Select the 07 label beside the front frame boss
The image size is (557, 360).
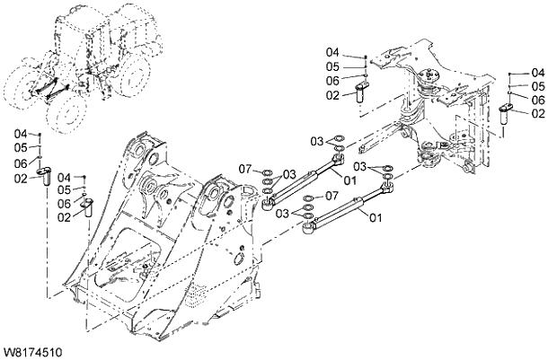(x=245, y=169)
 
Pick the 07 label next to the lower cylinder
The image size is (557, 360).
(x=331, y=196)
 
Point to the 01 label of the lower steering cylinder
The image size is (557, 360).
(x=376, y=218)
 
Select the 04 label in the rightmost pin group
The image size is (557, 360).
(x=538, y=72)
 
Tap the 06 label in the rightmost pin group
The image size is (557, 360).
(x=538, y=100)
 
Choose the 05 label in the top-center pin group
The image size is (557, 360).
(x=332, y=66)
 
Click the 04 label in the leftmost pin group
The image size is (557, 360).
(x=21, y=134)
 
